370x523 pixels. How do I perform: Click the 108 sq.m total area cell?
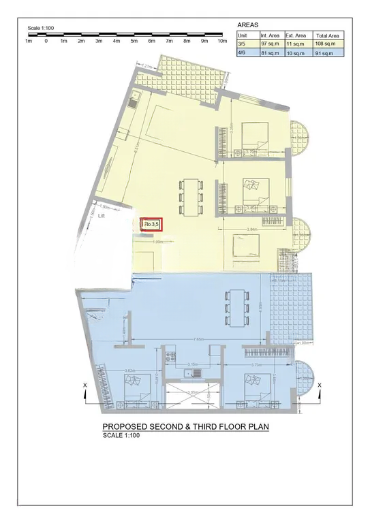pyautogui.click(x=328, y=43)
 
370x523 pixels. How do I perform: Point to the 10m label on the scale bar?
pyautogui.click(x=221, y=41)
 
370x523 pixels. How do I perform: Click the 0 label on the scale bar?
pyautogui.click(x=46, y=41)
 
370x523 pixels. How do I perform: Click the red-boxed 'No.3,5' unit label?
pyautogui.click(x=151, y=223)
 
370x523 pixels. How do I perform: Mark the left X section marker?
pyautogui.click(x=84, y=386)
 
